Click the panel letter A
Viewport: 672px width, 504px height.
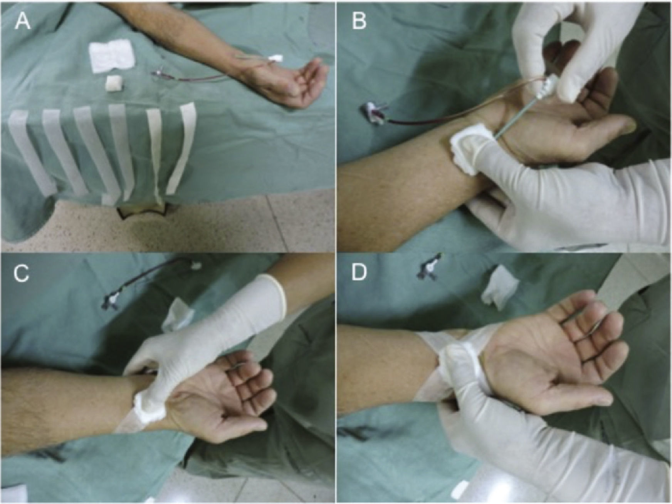click(x=23, y=22)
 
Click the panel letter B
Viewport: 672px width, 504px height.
click(x=359, y=22)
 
